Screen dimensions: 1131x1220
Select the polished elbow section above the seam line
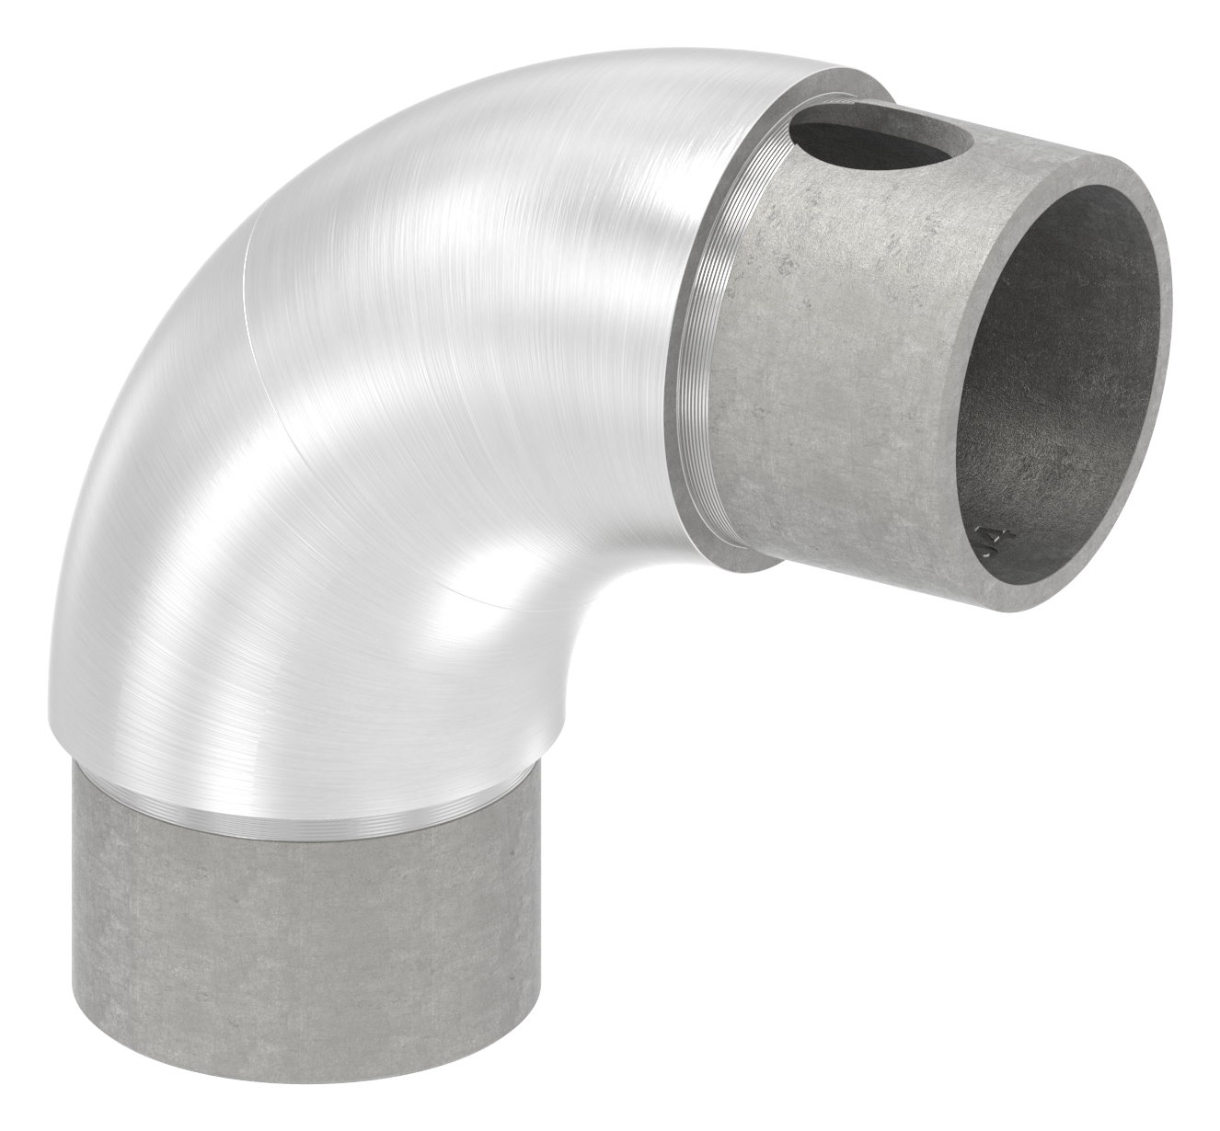click(460, 230)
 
